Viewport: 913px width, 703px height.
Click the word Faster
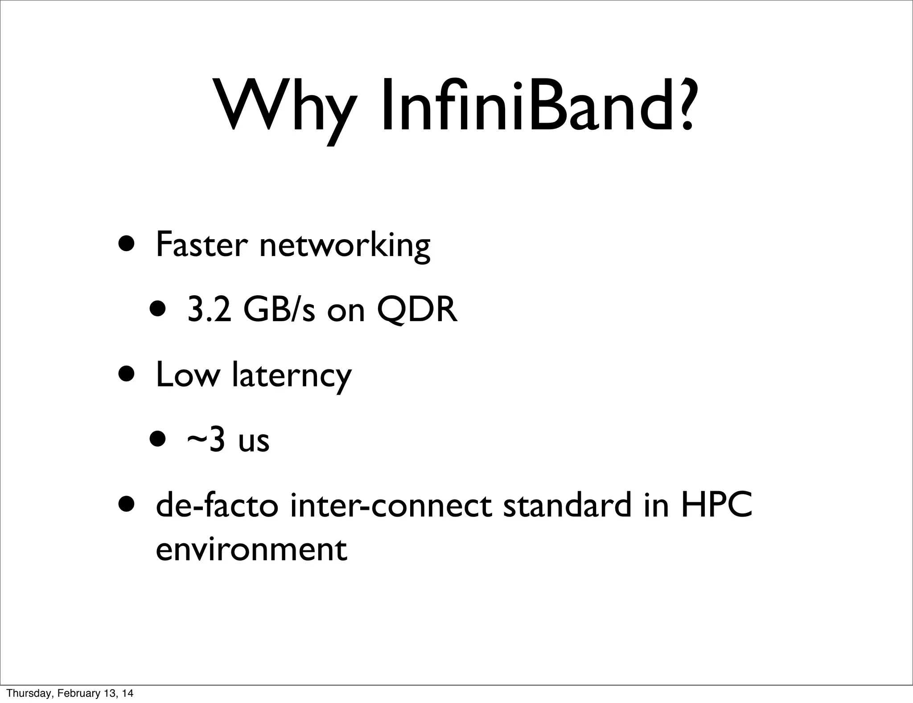pyautogui.click(x=201, y=245)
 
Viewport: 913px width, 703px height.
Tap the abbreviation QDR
pyautogui.click(x=417, y=310)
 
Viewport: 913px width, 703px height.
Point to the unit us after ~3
pyautogui.click(x=254, y=442)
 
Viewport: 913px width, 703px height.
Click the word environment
pyautogui.click(x=251, y=550)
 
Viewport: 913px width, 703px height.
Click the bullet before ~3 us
pyautogui.click(x=159, y=440)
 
